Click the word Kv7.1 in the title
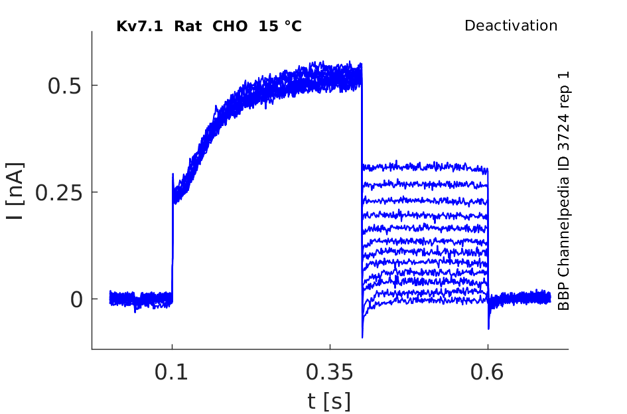tap(139, 27)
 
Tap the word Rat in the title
tap(188, 27)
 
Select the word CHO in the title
tap(230, 27)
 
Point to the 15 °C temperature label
tap(280, 27)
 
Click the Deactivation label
tap(511, 26)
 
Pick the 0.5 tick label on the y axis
tap(65, 86)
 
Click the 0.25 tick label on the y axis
tap(59, 193)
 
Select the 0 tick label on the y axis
tap(76, 300)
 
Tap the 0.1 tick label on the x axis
tap(171, 372)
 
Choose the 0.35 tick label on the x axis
tap(330, 372)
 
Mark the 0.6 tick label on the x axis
tap(486, 372)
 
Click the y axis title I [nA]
tap(16, 191)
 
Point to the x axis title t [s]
tap(329, 401)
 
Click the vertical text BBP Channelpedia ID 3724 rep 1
tap(563, 191)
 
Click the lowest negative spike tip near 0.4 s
tap(362, 338)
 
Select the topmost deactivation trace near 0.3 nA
tap(425, 167)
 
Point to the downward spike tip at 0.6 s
tap(488, 329)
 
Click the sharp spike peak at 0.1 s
tap(173, 174)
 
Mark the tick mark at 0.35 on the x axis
tap(330, 347)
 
